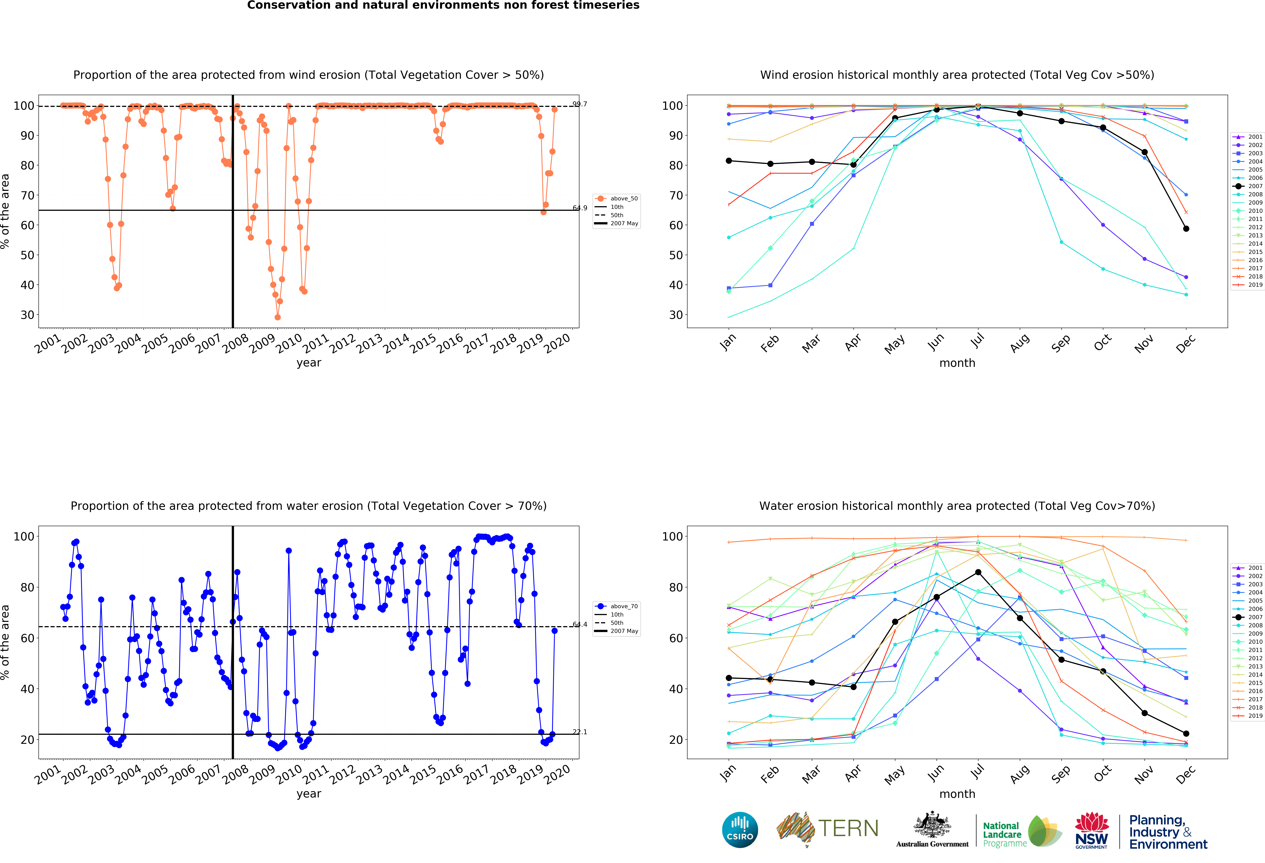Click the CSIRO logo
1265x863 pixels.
(740, 830)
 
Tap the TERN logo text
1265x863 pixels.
(848, 829)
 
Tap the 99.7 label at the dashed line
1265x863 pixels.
(580, 104)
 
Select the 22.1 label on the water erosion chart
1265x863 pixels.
(580, 732)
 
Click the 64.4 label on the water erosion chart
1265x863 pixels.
(580, 624)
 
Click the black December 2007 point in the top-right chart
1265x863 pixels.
(1186, 229)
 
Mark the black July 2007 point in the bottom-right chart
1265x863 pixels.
(978, 572)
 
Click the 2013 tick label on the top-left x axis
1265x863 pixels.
(370, 343)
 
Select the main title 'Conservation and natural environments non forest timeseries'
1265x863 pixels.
(443, 5)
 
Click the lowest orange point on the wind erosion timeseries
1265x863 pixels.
(278, 317)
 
